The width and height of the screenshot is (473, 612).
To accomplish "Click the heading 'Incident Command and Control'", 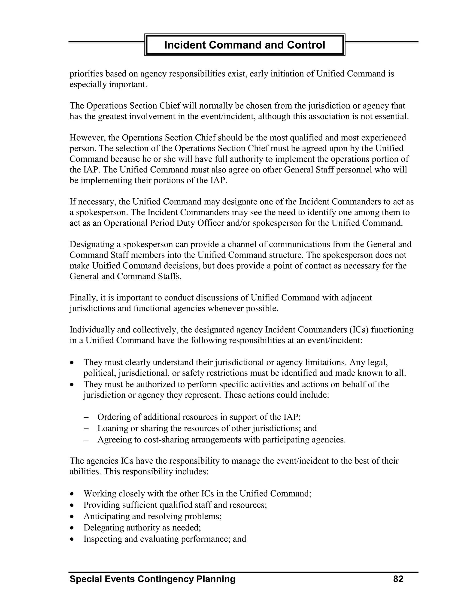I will pyautogui.click(x=244, y=45).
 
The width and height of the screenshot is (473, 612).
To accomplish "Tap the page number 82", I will pyautogui.click(x=398, y=579).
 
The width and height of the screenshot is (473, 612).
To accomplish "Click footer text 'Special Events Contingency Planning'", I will pyautogui.click(x=152, y=579).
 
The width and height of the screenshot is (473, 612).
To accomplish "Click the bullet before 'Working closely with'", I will pyautogui.click(x=72, y=494).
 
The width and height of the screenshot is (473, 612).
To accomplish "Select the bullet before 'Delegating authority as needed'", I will pyautogui.click(x=72, y=528).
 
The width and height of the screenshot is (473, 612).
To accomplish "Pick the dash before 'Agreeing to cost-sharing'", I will pyautogui.click(x=86, y=440).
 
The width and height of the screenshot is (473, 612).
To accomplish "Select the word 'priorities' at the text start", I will pyautogui.click(x=87, y=74).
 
